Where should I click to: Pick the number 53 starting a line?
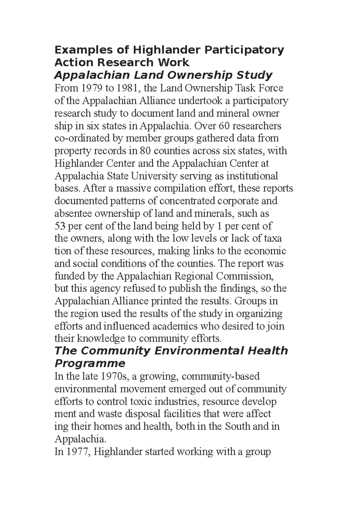[60, 226]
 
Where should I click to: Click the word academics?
[174, 326]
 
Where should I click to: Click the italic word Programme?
[90, 364]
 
